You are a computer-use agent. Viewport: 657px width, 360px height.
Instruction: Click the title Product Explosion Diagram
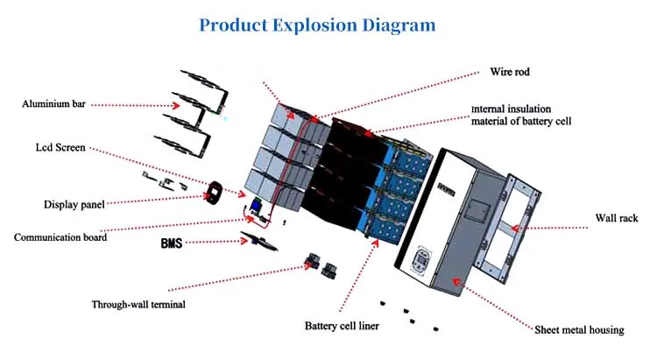click(x=316, y=25)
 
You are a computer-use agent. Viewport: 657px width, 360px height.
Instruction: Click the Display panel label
click(x=74, y=204)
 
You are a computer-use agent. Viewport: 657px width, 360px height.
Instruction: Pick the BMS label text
click(x=171, y=242)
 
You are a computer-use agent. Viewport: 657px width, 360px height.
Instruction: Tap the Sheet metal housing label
click(x=579, y=330)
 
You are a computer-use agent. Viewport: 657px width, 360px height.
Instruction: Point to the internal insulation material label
click(x=522, y=114)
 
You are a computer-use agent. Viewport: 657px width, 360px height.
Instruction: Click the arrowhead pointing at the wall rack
click(x=516, y=228)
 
